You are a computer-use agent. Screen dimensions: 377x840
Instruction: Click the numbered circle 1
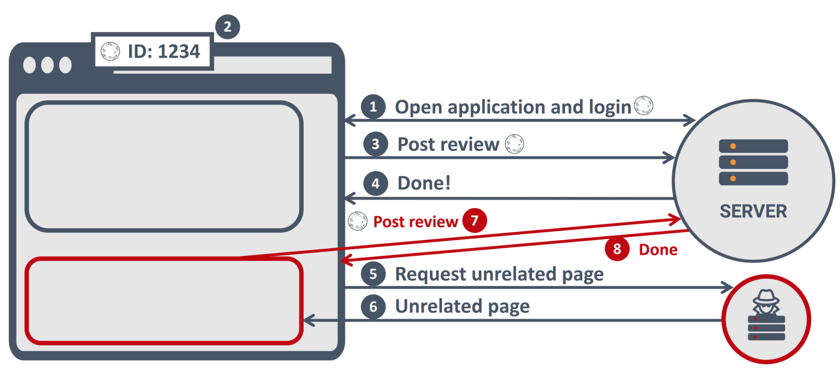(x=373, y=106)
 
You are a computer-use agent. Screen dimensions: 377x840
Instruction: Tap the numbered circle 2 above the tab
(x=228, y=27)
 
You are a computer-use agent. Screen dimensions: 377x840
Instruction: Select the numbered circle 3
(x=375, y=144)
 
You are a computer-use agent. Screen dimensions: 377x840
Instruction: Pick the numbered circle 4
(x=375, y=184)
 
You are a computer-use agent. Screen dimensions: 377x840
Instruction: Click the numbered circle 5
(x=373, y=274)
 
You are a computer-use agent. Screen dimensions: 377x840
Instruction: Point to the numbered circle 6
(x=373, y=306)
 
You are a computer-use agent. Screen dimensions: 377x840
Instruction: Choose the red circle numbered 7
(x=475, y=221)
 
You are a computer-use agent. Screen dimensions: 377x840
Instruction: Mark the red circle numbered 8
(x=617, y=249)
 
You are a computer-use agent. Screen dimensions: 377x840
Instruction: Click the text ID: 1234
(x=164, y=52)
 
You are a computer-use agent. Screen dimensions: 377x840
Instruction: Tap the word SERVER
(x=753, y=211)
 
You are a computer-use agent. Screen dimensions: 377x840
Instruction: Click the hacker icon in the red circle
(x=766, y=315)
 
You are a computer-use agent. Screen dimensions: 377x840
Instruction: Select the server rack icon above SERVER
(x=753, y=163)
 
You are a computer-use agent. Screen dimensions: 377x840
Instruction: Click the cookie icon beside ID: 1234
(x=110, y=51)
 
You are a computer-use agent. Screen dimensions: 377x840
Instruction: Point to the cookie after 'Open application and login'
(x=643, y=105)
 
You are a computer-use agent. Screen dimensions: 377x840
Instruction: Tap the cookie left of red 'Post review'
(x=357, y=221)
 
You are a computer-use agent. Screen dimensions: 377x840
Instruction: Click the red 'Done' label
(x=658, y=250)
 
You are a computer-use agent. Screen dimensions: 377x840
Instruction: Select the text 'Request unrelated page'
(x=499, y=274)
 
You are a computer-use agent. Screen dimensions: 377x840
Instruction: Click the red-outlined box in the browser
(x=164, y=301)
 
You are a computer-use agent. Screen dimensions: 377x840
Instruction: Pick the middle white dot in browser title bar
(x=47, y=65)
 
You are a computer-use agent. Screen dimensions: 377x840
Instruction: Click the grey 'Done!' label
(x=424, y=183)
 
